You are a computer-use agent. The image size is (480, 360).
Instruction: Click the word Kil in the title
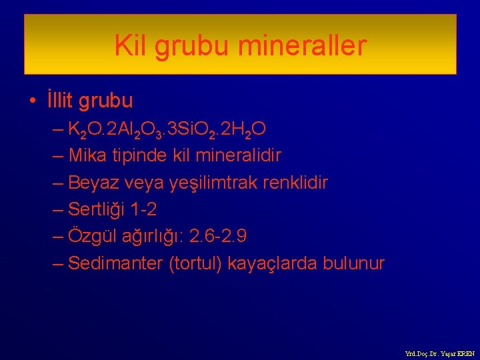tap(131, 46)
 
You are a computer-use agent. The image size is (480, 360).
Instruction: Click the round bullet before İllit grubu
tap(33, 102)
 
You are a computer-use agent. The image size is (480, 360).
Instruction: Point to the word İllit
tap(60, 101)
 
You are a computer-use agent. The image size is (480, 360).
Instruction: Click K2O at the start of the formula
tap(85, 129)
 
